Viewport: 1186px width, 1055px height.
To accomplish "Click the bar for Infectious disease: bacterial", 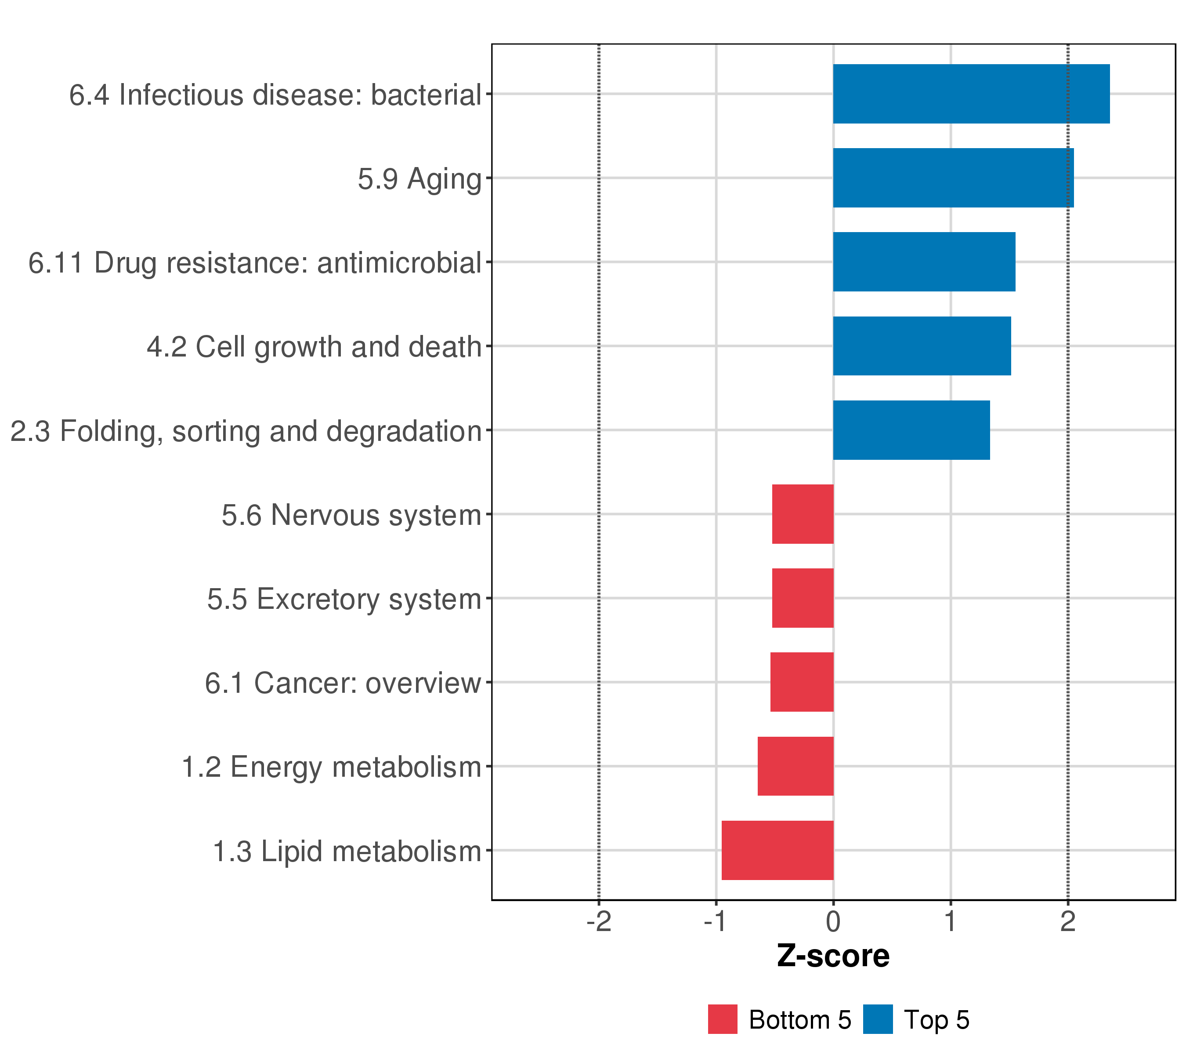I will (971, 94).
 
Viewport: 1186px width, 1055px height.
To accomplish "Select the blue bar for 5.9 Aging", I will (953, 178).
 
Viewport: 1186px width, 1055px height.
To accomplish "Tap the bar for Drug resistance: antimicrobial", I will (924, 262).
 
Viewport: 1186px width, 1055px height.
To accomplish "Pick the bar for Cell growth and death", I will (922, 346).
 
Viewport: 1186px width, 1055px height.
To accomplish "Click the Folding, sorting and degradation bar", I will (911, 430).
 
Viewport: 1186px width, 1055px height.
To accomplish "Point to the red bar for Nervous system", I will (803, 514).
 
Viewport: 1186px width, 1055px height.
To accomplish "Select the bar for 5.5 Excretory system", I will (803, 598).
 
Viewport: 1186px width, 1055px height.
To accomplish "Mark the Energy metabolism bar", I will (795, 767).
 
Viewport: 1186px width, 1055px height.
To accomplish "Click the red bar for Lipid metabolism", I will (777, 851).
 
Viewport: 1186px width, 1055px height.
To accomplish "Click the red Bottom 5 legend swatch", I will (723, 1019).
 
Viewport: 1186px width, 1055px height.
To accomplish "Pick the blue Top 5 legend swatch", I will (877, 1019).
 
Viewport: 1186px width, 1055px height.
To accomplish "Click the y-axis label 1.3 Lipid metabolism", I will (347, 852).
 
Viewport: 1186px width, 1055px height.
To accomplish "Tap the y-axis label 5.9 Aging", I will (419, 179).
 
